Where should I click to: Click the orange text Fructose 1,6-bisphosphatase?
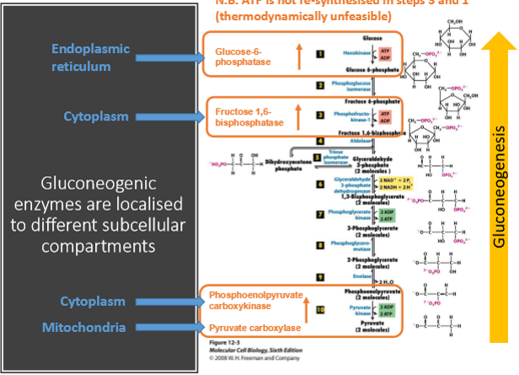pyautogui.click(x=248, y=117)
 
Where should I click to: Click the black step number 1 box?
pyautogui.click(x=320, y=55)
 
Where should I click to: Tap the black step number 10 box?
pyautogui.click(x=320, y=309)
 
